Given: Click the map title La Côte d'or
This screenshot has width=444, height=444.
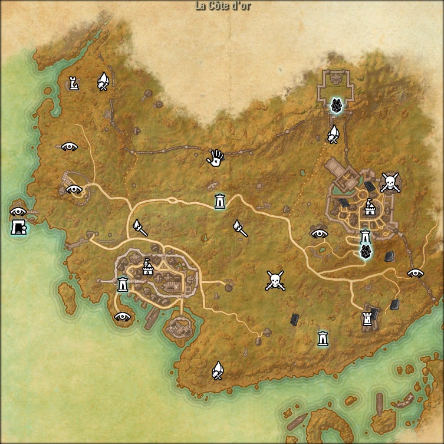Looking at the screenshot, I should point(222,6).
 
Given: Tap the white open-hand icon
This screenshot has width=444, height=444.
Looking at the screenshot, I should point(216,157).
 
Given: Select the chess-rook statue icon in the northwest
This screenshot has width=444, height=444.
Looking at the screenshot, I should point(74,84).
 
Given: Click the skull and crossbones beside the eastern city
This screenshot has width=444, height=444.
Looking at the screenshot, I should point(390,182).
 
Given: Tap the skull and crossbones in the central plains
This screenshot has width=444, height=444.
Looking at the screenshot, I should point(275,280).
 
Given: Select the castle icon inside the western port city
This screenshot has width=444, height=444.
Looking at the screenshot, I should point(147,268).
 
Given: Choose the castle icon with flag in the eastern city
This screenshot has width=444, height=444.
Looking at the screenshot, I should point(370,208).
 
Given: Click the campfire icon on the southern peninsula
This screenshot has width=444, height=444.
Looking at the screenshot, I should point(218,370).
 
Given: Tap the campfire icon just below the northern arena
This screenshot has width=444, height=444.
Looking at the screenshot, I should point(334,134).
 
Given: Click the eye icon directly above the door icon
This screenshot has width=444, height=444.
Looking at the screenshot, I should point(18,211).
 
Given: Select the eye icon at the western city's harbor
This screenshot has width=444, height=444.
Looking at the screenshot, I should point(123,316).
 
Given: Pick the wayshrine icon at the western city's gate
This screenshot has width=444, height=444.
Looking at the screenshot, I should point(123,284).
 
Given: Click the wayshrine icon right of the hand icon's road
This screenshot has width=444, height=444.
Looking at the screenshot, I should point(220,201).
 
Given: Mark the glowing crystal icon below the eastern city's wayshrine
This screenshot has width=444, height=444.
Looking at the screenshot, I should point(366,252).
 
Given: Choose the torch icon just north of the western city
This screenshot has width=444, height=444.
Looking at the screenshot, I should point(139,227).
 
